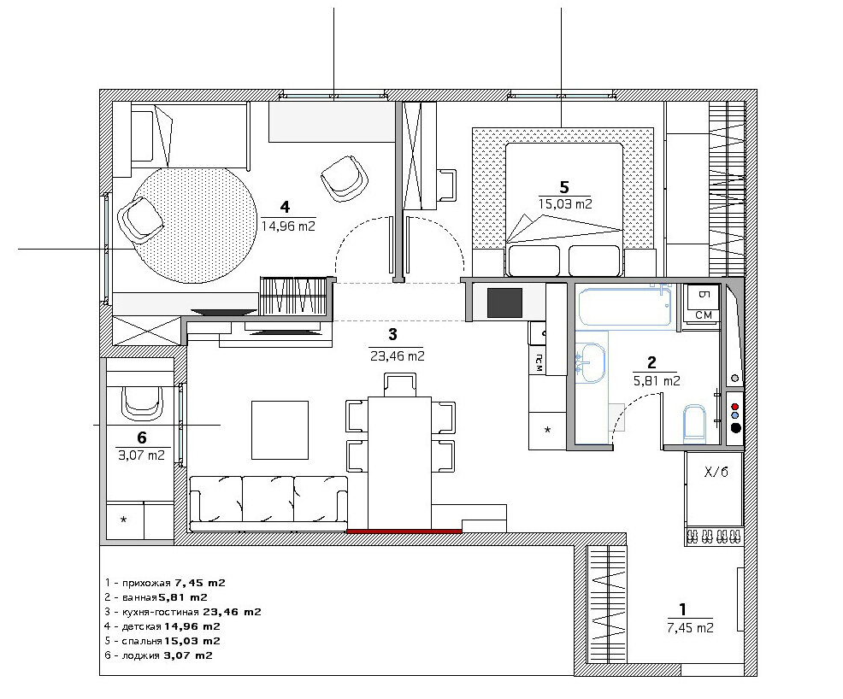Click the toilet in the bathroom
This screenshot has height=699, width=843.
(x=694, y=424)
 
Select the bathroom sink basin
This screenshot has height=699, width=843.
(x=591, y=363)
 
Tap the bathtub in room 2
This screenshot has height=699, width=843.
(x=625, y=306)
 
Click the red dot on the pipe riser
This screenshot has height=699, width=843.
(x=735, y=408)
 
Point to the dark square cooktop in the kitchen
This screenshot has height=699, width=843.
(x=504, y=303)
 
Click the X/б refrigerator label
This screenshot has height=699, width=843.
(x=716, y=473)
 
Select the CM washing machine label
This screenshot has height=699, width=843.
(x=704, y=315)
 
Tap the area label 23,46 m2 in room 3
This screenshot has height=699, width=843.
(x=398, y=355)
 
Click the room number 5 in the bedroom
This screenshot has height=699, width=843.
(x=564, y=187)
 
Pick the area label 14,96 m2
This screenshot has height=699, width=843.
(x=288, y=226)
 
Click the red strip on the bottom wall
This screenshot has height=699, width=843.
(x=404, y=531)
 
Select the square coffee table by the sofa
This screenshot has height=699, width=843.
(x=280, y=430)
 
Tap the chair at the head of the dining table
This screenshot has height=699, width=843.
(x=400, y=385)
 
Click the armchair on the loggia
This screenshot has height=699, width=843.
(x=142, y=404)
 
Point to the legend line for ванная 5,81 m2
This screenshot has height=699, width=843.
(x=156, y=597)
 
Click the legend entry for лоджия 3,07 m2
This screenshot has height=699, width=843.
(x=159, y=655)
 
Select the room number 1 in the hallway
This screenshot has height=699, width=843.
(x=683, y=609)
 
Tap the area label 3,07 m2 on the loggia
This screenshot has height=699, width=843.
(x=141, y=455)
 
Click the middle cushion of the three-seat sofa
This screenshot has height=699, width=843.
(x=268, y=499)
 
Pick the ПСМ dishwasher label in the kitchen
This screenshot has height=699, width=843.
(x=538, y=364)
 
